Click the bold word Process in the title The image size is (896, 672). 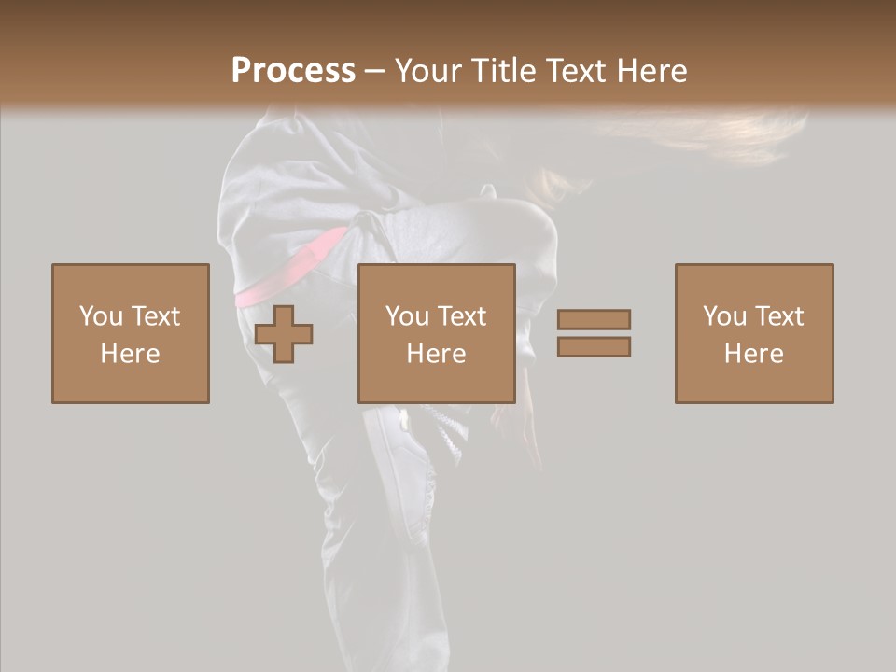point(293,70)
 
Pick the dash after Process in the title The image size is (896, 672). point(374,72)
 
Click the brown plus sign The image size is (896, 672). point(284,333)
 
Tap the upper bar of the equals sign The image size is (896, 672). point(594,319)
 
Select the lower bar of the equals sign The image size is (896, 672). point(594,346)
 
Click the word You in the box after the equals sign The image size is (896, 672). point(725,316)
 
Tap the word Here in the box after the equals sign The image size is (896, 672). point(754,354)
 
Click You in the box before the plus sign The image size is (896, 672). point(101,316)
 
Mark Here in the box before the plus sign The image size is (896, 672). point(131,354)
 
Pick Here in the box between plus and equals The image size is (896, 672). point(437,354)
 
